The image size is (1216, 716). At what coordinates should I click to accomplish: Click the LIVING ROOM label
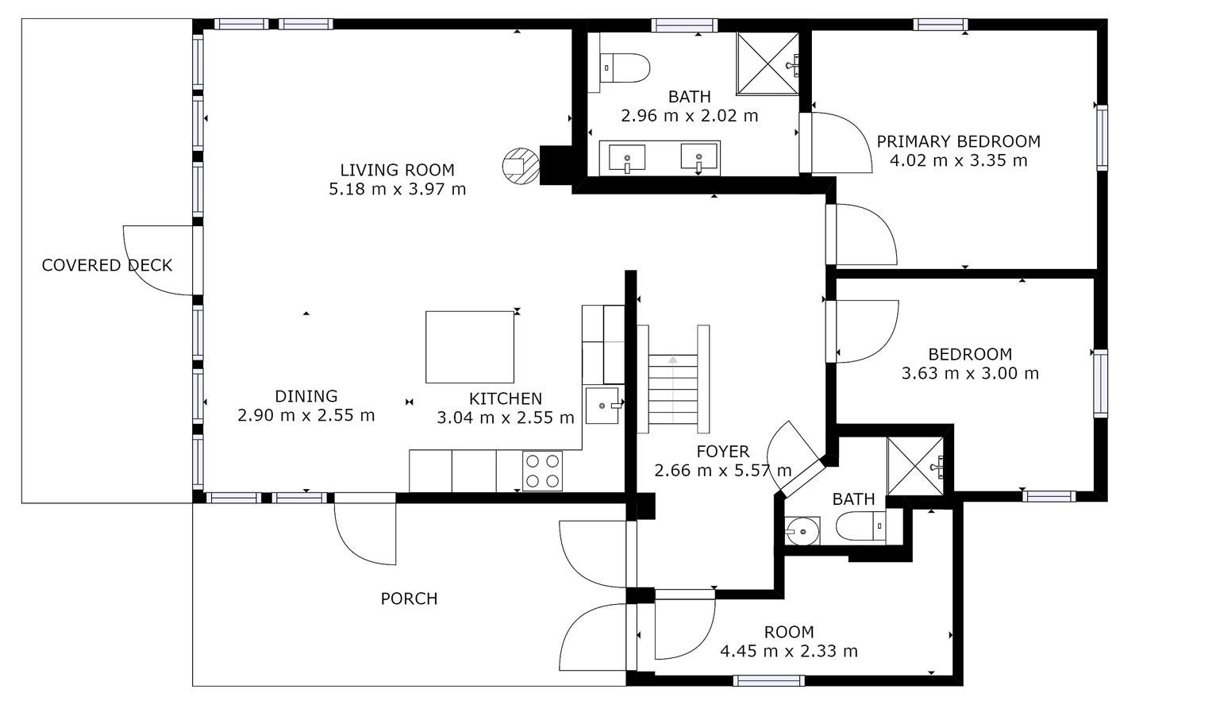pos(398,170)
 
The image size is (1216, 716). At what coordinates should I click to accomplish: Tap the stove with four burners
pos(542,471)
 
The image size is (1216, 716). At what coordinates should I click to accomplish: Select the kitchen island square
pos(470,347)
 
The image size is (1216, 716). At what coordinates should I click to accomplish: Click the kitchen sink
pos(602,406)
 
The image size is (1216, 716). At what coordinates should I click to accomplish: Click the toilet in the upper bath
pos(625,67)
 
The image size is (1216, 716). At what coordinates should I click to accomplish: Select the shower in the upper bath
pos(768,64)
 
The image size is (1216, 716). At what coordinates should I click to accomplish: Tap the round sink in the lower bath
pos(802,531)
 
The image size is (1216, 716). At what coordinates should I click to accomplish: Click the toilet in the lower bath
pos(861,526)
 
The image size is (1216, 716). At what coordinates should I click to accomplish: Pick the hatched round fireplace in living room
pos(521,166)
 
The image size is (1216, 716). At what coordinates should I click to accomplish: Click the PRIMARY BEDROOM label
pos(959,141)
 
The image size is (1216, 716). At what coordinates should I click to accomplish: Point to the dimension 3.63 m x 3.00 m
pos(970,373)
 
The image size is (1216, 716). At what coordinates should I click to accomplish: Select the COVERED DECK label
pos(107,265)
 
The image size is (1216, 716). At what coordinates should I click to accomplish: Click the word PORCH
pos(409,599)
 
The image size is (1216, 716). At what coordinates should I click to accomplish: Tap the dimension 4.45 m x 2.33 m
pos(789,651)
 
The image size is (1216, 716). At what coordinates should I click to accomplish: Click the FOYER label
pos(722,451)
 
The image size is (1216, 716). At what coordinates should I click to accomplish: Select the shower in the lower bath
pos(915,466)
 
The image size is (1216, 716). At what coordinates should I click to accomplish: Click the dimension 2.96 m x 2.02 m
pos(690,116)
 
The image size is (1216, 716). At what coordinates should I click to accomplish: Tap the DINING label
pos(306,396)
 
